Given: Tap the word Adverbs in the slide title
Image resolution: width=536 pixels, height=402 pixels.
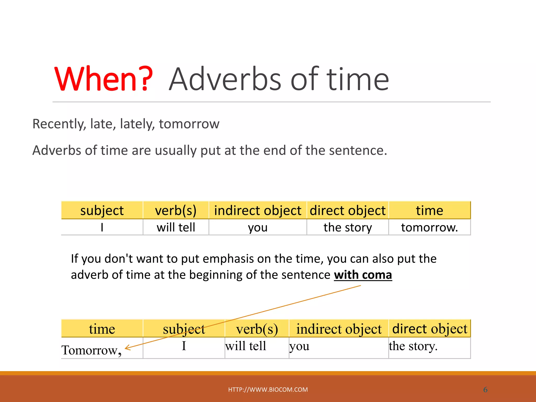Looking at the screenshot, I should tap(225, 79).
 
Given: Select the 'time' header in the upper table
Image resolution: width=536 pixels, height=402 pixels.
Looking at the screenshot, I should tap(429, 210).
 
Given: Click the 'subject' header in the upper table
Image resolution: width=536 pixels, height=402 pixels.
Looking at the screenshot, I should tap(102, 210).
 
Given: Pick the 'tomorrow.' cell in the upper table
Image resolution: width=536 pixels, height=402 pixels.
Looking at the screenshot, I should tap(429, 227).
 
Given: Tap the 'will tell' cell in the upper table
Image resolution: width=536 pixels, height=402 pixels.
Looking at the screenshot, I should tap(176, 227).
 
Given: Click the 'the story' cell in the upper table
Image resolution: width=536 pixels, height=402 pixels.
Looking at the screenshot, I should tap(348, 227).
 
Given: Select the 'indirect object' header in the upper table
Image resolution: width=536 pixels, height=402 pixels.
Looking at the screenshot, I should tap(258, 210).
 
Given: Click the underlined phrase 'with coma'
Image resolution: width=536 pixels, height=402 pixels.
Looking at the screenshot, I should tap(363, 275).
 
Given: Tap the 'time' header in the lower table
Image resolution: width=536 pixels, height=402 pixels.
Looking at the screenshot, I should tap(102, 329).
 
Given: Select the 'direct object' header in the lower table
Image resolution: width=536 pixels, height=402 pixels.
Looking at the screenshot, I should tap(429, 329).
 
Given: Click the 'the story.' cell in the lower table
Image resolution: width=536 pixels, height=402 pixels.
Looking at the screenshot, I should tap(413, 346).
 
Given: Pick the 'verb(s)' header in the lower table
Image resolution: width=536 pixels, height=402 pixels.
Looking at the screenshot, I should tap(257, 329).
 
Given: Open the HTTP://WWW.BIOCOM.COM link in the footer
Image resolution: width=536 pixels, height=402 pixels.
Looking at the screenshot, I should tap(268, 389).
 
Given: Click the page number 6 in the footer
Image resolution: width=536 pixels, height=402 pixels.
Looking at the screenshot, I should tap(485, 390).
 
